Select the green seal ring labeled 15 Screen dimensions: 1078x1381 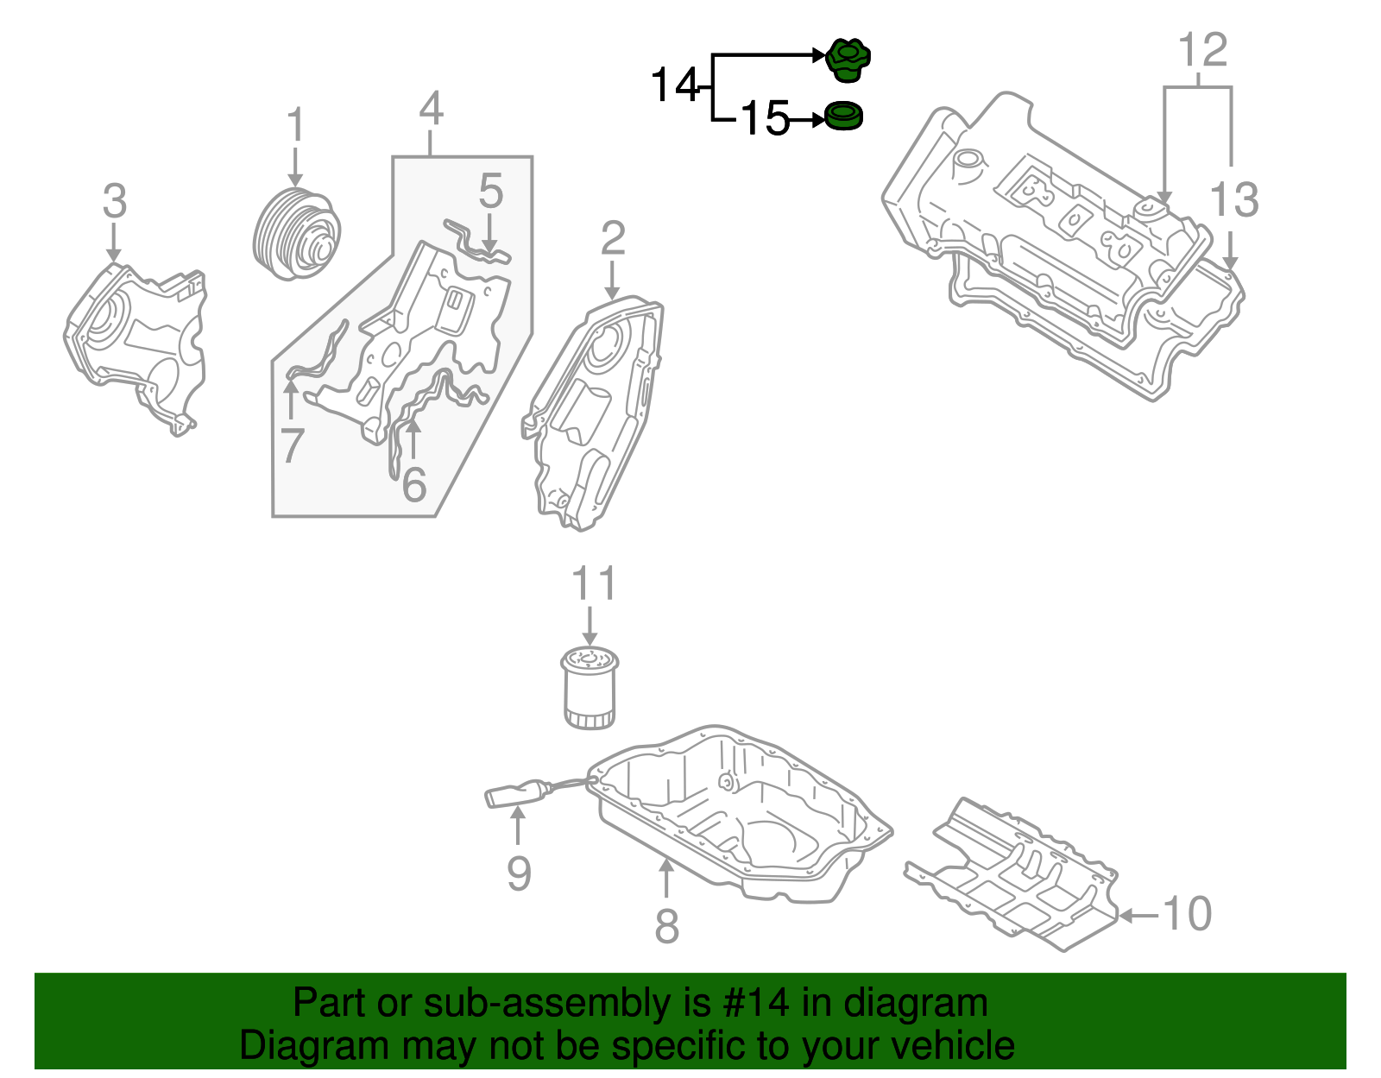(x=843, y=117)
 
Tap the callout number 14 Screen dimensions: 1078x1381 (x=674, y=85)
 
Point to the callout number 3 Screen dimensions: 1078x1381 (x=114, y=202)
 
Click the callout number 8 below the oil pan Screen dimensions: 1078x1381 (x=666, y=926)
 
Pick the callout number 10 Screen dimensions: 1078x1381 (x=1188, y=914)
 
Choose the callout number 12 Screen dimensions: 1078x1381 (x=1202, y=51)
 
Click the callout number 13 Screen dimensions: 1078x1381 (x=1234, y=200)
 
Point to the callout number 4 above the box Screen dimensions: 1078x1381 (x=432, y=110)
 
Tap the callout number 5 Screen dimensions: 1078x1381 (x=490, y=191)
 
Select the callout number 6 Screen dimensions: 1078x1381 (x=414, y=484)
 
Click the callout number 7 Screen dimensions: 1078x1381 (x=292, y=446)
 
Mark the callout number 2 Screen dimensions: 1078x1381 (x=612, y=238)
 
